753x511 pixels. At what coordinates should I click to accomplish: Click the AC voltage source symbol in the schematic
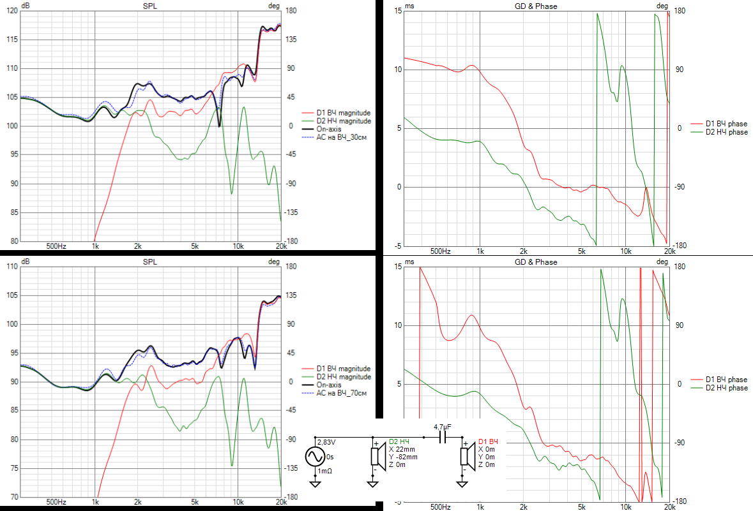coord(316,457)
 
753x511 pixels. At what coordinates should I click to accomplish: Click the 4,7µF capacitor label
coord(443,427)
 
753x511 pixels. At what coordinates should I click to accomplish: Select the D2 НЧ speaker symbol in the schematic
coord(376,457)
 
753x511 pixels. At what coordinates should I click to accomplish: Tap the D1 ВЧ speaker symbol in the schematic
coord(466,457)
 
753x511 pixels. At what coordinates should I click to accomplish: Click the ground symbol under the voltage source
coord(316,483)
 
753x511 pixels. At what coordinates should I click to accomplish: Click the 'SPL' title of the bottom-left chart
coord(149,262)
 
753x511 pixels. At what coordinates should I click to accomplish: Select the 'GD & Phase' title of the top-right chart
coord(536,6)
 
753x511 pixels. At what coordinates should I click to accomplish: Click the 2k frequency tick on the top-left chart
coord(137,246)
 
